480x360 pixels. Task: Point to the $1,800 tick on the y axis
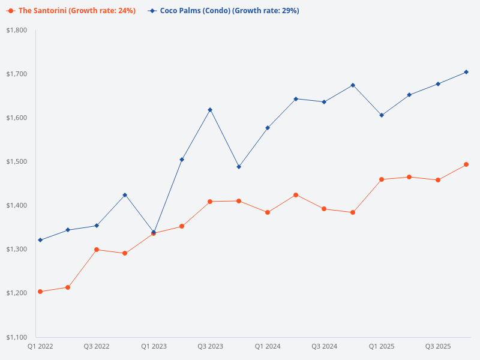click(x=17, y=30)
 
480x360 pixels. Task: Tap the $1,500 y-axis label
click(x=17, y=161)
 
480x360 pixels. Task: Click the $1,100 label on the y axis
click(x=17, y=337)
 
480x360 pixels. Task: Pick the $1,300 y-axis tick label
click(x=17, y=249)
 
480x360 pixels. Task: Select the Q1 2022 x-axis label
click(x=40, y=346)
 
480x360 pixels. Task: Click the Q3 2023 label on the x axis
click(x=210, y=346)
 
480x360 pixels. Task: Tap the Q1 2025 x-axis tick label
click(x=382, y=346)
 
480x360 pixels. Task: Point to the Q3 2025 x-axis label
click(x=438, y=346)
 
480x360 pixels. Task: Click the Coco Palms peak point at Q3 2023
click(x=210, y=110)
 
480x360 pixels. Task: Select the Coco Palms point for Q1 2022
click(x=40, y=240)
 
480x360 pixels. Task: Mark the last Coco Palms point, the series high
click(x=466, y=72)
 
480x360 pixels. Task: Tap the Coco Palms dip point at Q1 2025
click(x=382, y=115)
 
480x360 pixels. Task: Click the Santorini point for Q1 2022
click(x=40, y=292)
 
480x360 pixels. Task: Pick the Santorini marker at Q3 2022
click(x=97, y=250)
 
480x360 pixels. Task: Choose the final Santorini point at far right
click(x=466, y=164)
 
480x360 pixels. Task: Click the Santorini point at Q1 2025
click(x=382, y=179)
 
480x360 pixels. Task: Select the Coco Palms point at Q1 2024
click(x=268, y=128)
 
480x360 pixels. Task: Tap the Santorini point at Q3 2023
click(x=210, y=202)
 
